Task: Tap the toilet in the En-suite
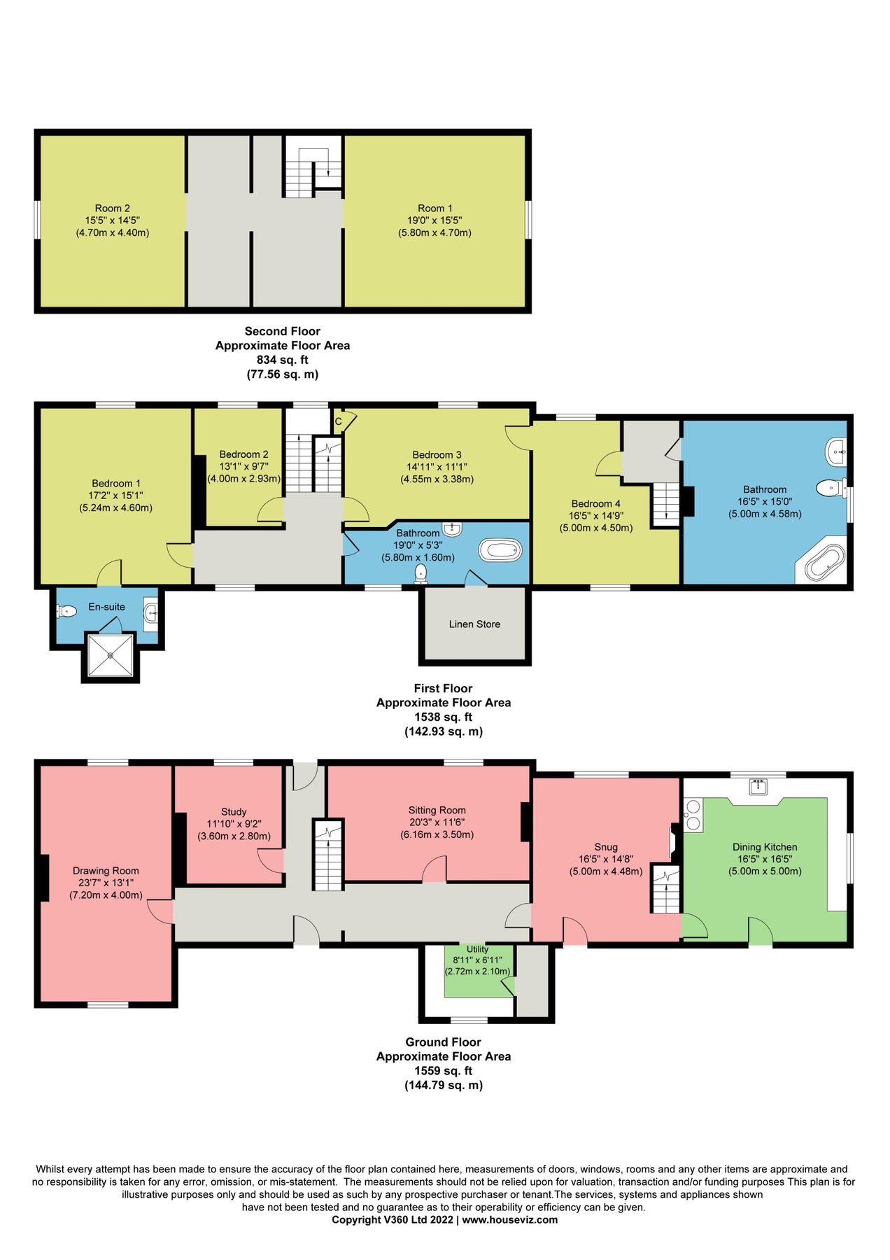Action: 66,611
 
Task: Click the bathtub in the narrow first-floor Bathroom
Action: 500,550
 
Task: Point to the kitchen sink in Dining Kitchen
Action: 758,786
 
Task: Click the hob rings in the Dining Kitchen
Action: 693,815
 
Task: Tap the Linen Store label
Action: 474,624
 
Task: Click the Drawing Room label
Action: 106,871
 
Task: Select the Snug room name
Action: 606,847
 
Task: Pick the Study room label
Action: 234,812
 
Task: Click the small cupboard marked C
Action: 339,421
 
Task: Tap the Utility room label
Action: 478,949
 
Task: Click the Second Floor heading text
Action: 282,331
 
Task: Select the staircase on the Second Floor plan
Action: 313,167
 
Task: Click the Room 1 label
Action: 435,208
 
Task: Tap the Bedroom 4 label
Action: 596,503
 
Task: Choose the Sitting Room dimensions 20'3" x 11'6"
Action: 437,822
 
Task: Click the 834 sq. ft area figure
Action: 282,360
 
